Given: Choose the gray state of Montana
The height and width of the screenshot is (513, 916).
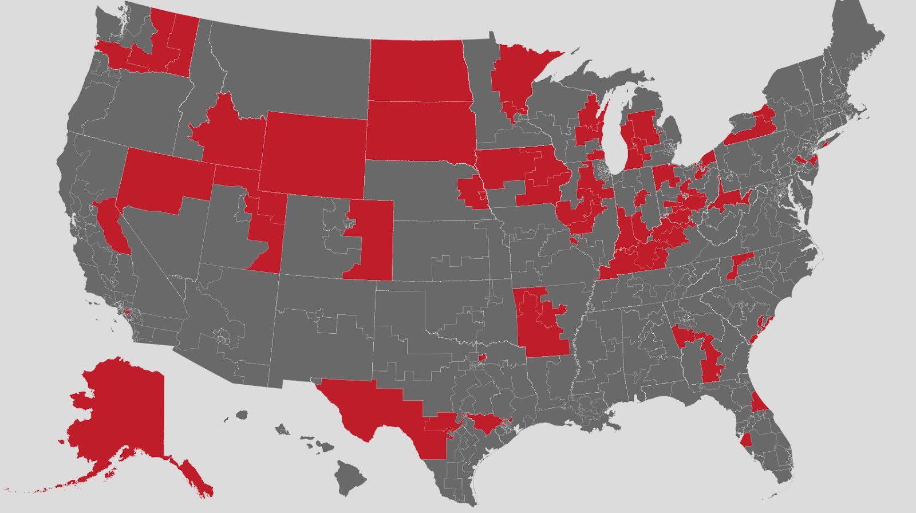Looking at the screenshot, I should tap(286, 69).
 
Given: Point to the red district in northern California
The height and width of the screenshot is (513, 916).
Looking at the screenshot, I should tap(110, 220).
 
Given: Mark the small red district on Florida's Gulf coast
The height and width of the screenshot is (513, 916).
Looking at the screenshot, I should tap(746, 440).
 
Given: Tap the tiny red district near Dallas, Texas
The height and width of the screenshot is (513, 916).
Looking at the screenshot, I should tap(481, 358).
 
